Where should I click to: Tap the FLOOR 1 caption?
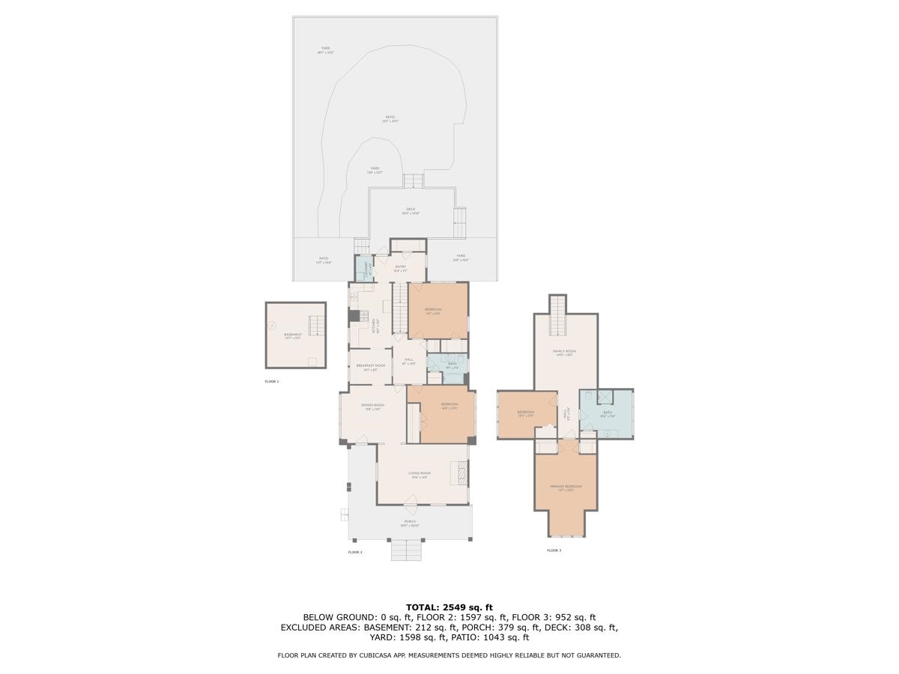click(271, 381)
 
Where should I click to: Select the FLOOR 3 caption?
click(554, 550)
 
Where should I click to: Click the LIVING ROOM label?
click(420, 473)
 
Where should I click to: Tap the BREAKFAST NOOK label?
click(370, 365)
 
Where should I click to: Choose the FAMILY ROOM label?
click(564, 351)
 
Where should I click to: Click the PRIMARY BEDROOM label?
click(566, 487)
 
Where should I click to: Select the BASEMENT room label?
click(293, 335)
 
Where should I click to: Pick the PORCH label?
click(410, 522)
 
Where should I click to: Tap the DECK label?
click(411, 210)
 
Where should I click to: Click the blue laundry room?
click(363, 268)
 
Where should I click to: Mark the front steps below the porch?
click(408, 550)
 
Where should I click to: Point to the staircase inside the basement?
click(318, 325)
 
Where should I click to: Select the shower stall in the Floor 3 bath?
click(605, 398)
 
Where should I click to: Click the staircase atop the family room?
click(558, 315)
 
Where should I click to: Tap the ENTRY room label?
click(400, 267)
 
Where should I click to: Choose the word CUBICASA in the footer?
click(369, 655)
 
